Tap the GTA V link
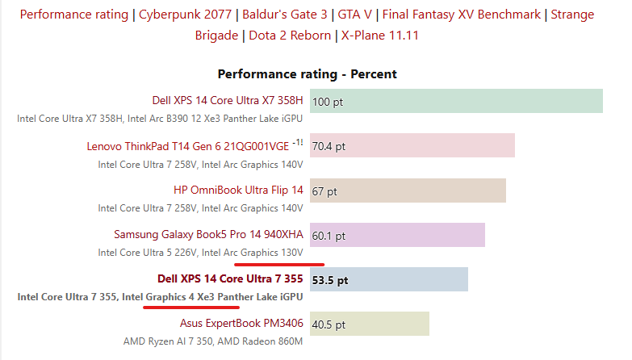(x=349, y=15)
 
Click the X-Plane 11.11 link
(x=379, y=35)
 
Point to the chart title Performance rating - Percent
(x=307, y=73)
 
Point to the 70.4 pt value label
(x=329, y=147)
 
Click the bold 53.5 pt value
(x=330, y=280)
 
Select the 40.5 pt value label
(x=329, y=325)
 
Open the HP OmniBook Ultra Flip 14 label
(x=238, y=190)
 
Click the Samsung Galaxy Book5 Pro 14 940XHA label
(x=208, y=235)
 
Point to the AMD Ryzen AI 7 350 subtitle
(x=213, y=341)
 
